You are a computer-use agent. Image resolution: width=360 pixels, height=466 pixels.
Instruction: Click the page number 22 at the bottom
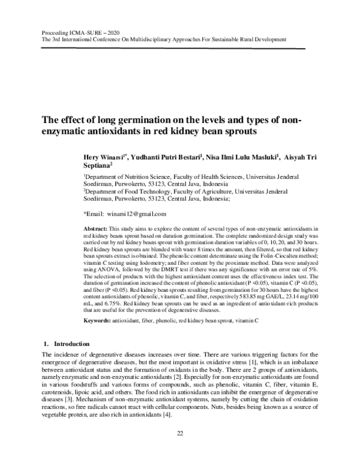click(180, 450)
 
